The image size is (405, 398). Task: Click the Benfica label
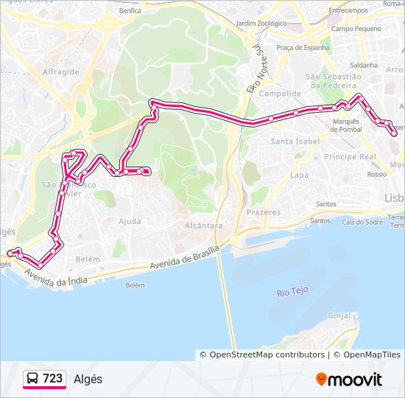(130, 11)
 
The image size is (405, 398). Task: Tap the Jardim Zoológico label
(261, 23)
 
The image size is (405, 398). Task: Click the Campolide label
(280, 94)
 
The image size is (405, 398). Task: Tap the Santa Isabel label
(295, 141)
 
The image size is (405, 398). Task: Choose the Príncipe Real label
(351, 157)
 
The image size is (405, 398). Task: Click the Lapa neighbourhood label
(299, 175)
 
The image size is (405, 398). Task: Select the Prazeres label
(264, 212)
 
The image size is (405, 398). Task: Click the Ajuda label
(130, 221)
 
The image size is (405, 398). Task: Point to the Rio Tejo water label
(292, 293)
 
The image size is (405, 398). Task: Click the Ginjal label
(339, 315)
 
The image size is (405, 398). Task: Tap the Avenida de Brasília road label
(184, 259)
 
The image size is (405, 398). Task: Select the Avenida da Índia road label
(55, 279)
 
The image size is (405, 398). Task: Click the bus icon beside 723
(33, 379)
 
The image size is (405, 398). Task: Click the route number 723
(52, 379)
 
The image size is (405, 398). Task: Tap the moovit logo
(349, 380)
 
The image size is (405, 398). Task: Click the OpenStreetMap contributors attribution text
(267, 355)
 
